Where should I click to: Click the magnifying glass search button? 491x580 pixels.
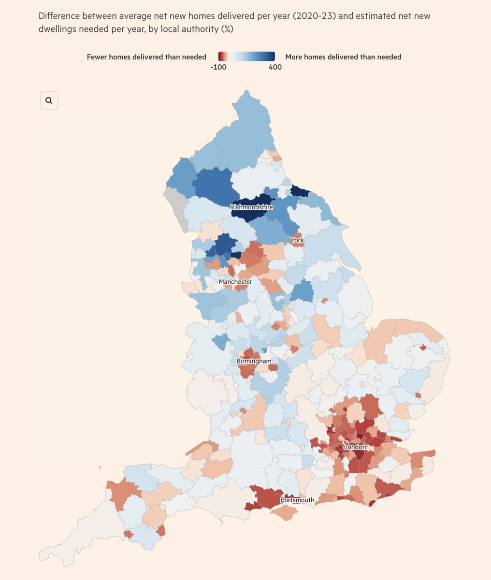(49, 101)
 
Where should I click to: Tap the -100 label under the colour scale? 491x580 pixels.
(218, 67)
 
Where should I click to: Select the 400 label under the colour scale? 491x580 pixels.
(275, 67)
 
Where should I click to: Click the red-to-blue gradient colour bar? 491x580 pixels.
(246, 56)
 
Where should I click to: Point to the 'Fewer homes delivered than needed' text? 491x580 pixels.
(146, 57)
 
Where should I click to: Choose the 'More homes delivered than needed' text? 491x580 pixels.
(343, 57)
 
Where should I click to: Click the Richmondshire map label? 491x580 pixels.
(251, 207)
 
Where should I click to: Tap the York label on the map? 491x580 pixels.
(297, 240)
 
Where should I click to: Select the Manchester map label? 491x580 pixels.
(235, 282)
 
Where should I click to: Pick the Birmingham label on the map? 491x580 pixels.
(254, 361)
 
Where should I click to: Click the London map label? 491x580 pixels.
(355, 447)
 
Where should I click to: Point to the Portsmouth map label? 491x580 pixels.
(297, 500)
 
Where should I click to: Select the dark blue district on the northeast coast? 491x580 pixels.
(300, 191)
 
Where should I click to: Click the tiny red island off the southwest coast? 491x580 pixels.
(100, 467)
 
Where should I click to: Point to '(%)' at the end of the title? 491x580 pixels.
(227, 29)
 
